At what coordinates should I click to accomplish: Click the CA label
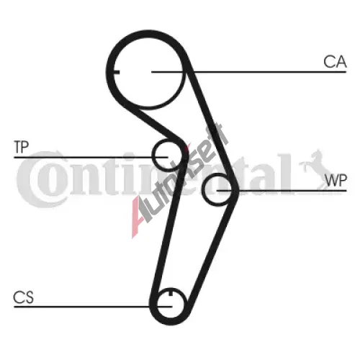coord(335,62)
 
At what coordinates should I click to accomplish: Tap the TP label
coord(22,147)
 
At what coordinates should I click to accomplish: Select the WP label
coord(336,181)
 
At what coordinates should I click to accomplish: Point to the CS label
coord(23,297)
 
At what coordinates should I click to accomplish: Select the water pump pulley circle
coord(203,189)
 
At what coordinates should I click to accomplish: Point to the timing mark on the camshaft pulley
coord(117,72)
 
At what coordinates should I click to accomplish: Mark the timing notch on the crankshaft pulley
coord(171,292)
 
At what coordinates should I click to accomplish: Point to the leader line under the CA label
coord(249,72)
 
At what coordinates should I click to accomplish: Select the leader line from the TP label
coord(91,158)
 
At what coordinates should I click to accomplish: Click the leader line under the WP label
coord(282,191)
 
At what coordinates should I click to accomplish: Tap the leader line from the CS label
coord(93,307)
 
